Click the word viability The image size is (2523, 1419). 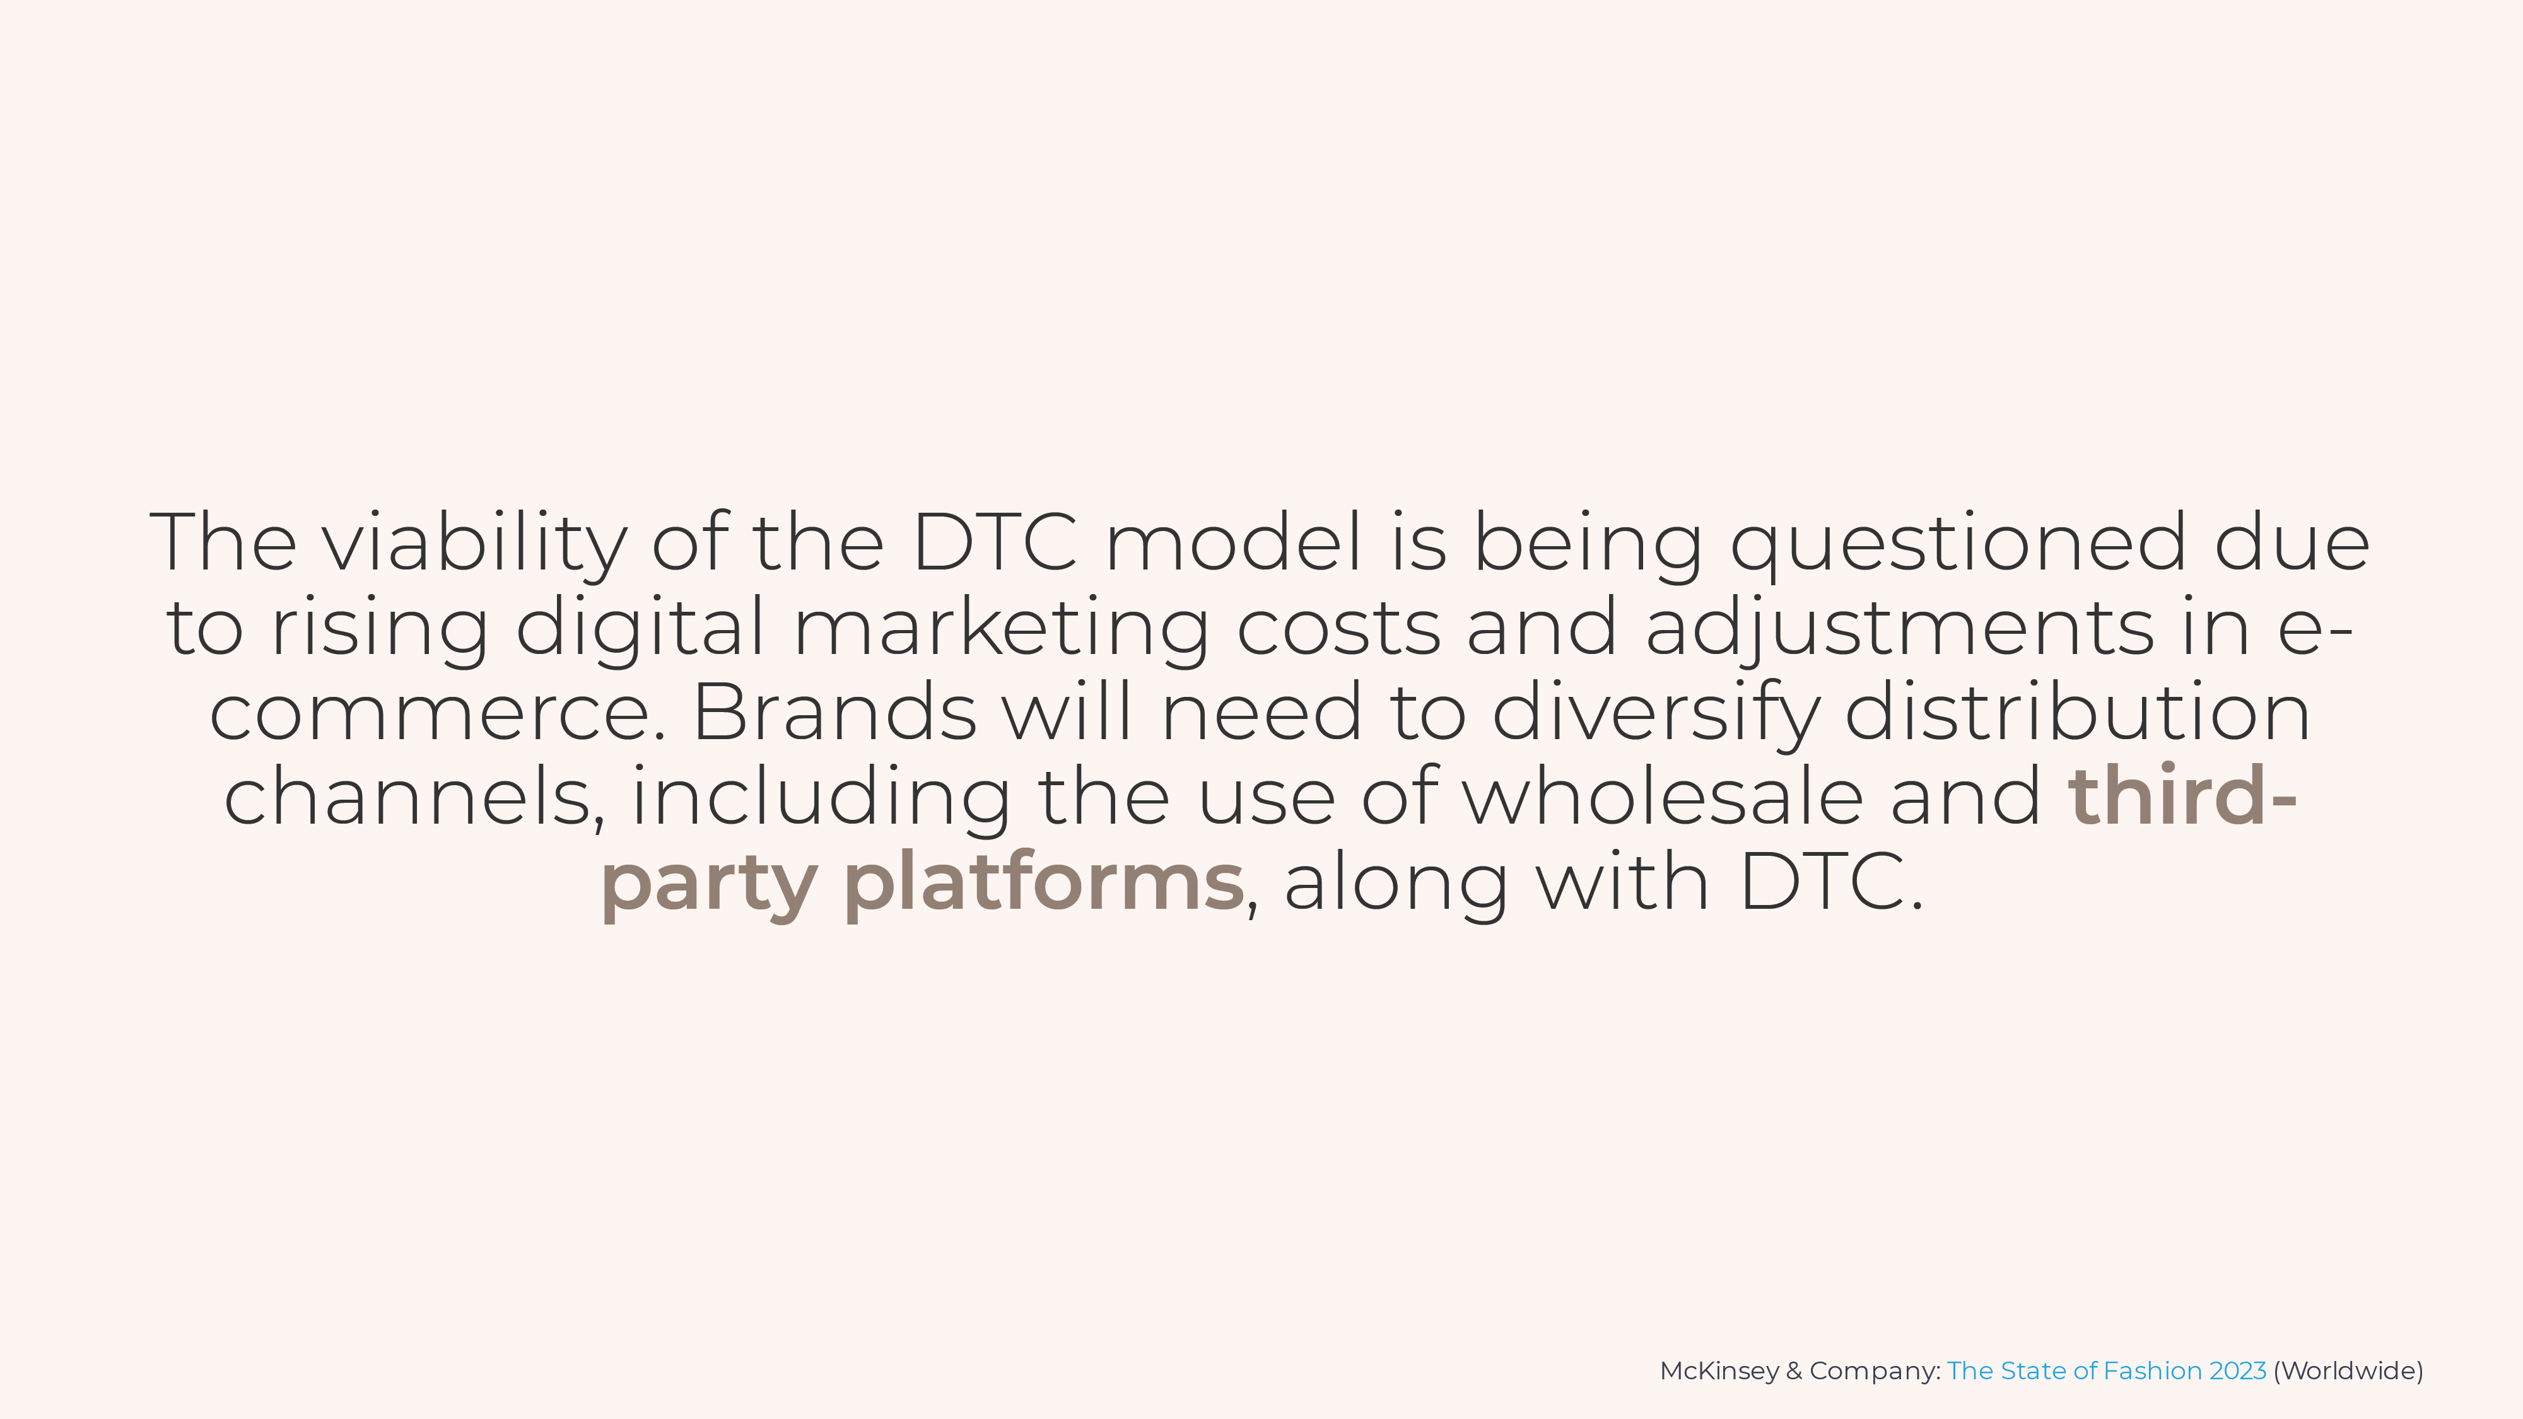[x=475, y=544]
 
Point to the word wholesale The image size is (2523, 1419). [x=1663, y=796]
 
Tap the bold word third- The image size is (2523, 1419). [x=2183, y=796]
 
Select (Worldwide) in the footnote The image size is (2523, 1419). [x=2348, y=1371]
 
